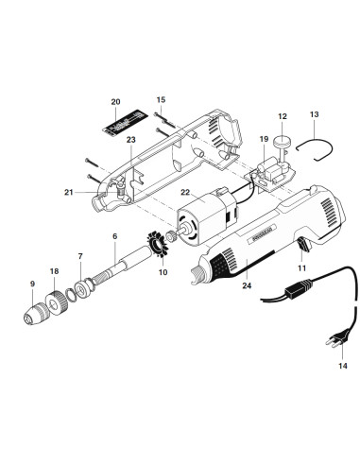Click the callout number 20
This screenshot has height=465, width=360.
[115, 101]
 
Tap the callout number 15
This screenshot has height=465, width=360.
[161, 99]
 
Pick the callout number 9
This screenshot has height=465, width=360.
[32, 284]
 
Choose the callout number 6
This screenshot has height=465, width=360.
[114, 235]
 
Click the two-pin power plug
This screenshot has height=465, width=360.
[333, 334]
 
